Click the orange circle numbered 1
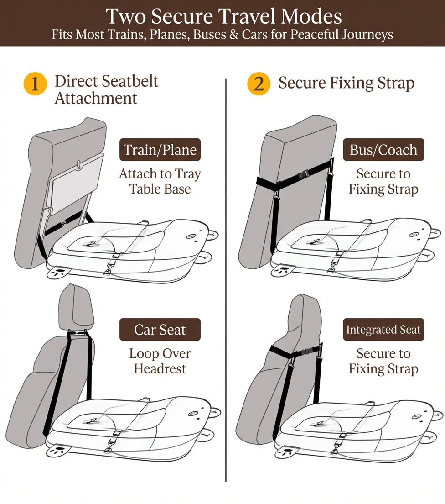(x=35, y=84)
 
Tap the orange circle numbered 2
(x=259, y=84)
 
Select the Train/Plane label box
(x=160, y=150)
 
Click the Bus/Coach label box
(x=383, y=150)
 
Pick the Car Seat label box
(x=160, y=330)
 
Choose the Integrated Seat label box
(x=383, y=330)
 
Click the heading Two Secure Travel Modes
(x=223, y=16)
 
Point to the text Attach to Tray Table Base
(x=160, y=181)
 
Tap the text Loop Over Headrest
(x=160, y=361)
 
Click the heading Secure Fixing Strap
(x=346, y=84)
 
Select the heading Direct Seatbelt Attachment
(x=106, y=89)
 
